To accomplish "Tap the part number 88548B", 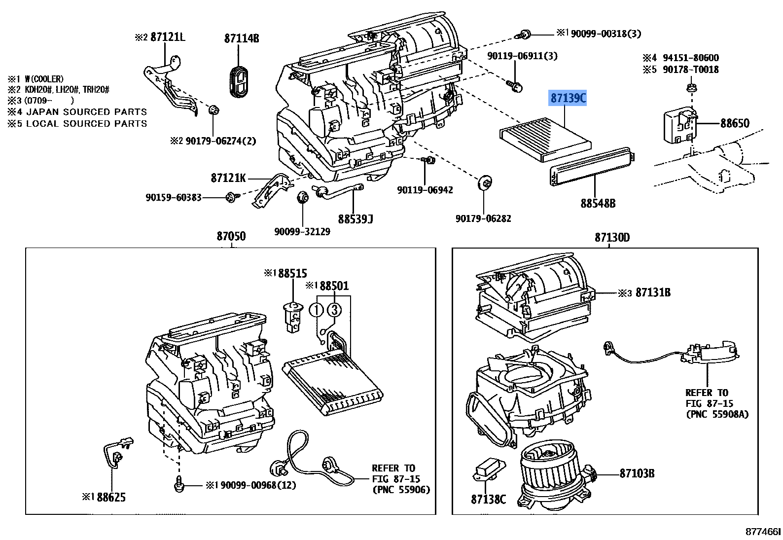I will coord(598,203).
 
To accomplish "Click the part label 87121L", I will coord(168,37).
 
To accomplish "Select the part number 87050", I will coord(231,237).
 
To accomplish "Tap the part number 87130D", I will coord(612,238).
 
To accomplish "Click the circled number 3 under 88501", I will coord(334,310).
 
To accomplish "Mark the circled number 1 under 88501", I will coord(316,310).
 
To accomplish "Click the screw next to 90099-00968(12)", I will coord(178,485).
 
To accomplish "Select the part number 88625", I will coord(111,498).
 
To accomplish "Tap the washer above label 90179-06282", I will coord(484,183).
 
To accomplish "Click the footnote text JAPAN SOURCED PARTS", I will coord(87,112).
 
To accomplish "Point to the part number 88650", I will coord(734,123).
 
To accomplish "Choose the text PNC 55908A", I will coord(717,414).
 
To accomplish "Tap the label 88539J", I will coord(355,218).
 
